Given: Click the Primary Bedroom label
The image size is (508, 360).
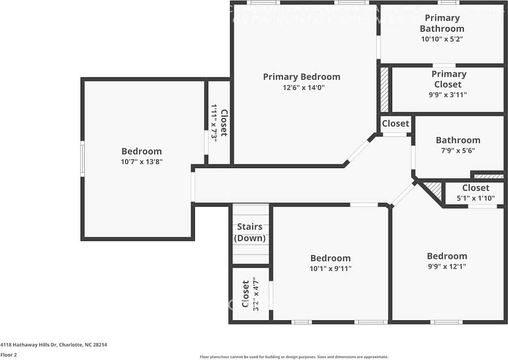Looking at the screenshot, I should pyautogui.click(x=301, y=77).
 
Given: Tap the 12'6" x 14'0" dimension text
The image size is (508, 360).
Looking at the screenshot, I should pyautogui.click(x=301, y=87).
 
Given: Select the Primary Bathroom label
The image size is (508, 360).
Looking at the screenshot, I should pyautogui.click(x=442, y=23).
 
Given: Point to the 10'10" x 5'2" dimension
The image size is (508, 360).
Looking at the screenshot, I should pyautogui.click(x=442, y=39).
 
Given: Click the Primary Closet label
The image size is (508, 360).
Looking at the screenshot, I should pyautogui.click(x=448, y=79).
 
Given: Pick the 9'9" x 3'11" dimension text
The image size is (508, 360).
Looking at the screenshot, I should pyautogui.click(x=448, y=95).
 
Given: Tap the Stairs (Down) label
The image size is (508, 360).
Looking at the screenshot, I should pyautogui.click(x=250, y=232).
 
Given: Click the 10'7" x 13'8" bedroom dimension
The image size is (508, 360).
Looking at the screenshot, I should pyautogui.click(x=142, y=162).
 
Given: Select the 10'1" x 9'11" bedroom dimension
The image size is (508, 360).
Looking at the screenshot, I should pyautogui.click(x=330, y=268).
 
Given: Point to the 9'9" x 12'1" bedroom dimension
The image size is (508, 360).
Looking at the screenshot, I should pyautogui.click(x=447, y=266).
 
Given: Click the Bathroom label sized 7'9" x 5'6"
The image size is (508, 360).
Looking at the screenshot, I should pyautogui.click(x=458, y=140).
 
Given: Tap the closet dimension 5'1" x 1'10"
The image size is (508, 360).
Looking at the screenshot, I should pyautogui.click(x=476, y=198).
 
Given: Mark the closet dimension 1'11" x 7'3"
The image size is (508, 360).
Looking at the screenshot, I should pyautogui.click(x=214, y=122).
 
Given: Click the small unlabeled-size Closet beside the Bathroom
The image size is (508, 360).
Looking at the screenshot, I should pyautogui.click(x=395, y=124).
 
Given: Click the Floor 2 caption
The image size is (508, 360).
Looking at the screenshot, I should pyautogui.click(x=9, y=355).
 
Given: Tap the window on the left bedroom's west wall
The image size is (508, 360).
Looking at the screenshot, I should pyautogui.click(x=83, y=159).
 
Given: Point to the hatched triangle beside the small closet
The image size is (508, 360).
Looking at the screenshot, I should pyautogui.click(x=434, y=189).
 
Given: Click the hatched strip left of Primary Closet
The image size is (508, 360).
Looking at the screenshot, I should pyautogui.click(x=384, y=89).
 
